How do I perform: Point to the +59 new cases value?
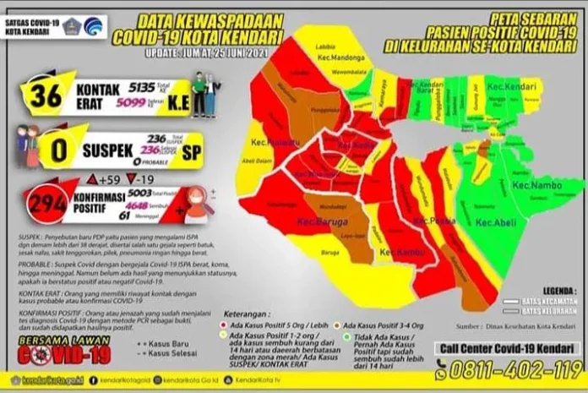pos(106,178)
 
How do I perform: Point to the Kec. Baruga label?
pos(316,222)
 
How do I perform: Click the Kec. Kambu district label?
pos(397,252)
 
